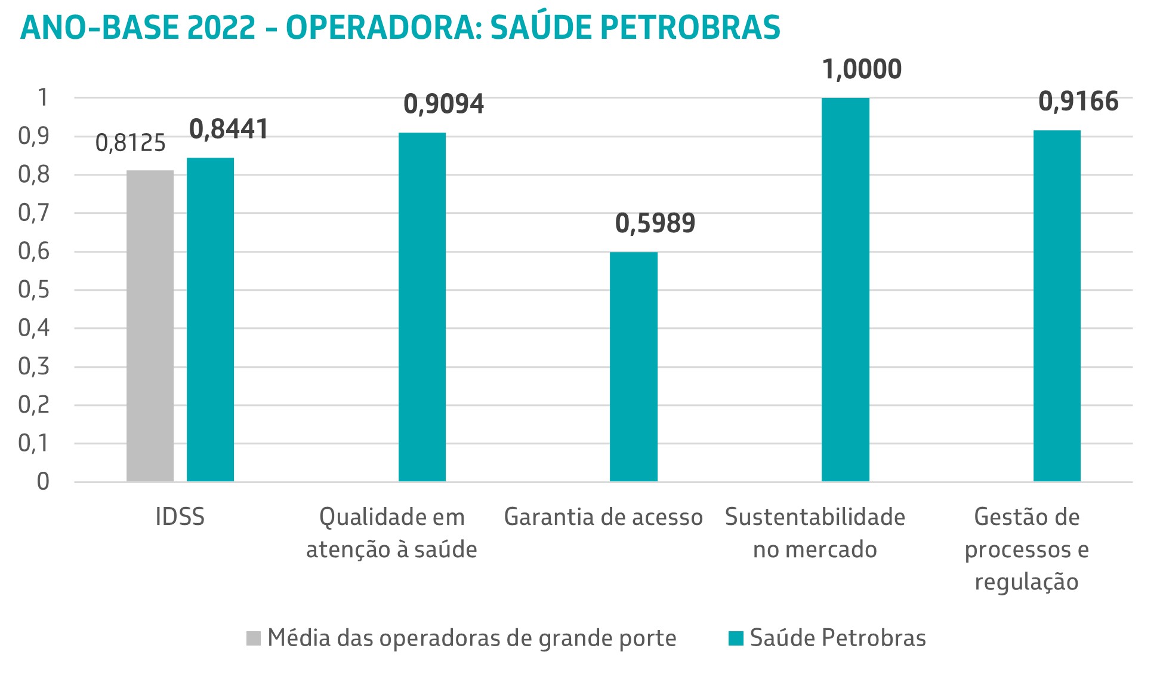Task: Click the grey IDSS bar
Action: (150, 325)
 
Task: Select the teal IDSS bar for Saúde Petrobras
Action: (210, 319)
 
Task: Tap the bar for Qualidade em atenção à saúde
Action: (422, 307)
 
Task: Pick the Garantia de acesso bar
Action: (633, 367)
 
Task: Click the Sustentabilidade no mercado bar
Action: (845, 290)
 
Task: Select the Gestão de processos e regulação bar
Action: (1057, 306)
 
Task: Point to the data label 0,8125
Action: (130, 143)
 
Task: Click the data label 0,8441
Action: (229, 130)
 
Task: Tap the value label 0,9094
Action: (443, 104)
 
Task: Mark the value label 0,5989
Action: (655, 223)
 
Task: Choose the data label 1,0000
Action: (862, 69)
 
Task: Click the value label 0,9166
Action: (1078, 102)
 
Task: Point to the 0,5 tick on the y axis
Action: (33, 290)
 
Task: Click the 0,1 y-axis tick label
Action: (33, 443)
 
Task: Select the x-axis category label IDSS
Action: (180, 517)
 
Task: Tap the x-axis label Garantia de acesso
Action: (603, 517)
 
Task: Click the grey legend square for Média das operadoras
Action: (254, 638)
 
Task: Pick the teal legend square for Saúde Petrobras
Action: (736, 638)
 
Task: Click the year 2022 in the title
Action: (221, 27)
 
